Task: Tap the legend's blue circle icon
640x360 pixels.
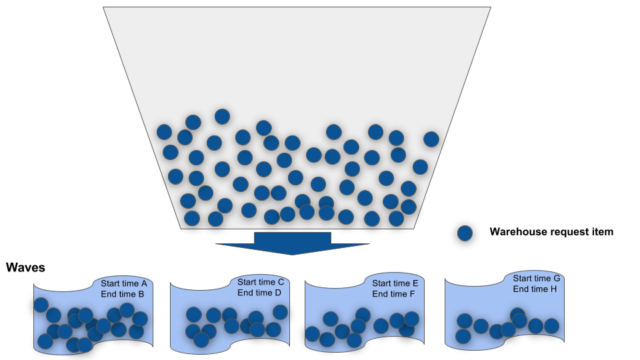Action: [465, 232]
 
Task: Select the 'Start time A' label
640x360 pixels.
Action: [123, 283]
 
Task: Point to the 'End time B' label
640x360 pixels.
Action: [122, 295]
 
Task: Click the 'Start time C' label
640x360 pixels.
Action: [261, 283]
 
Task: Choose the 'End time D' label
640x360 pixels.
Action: [260, 295]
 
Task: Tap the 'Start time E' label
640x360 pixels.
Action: [395, 284]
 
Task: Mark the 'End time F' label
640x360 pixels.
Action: [394, 296]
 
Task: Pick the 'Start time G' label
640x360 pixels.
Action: [537, 277]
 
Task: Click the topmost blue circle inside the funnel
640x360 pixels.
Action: [222, 117]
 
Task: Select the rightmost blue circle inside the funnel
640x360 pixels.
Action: [431, 139]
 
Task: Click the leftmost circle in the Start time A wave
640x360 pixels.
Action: [41, 304]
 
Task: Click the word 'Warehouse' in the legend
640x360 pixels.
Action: [514, 232]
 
